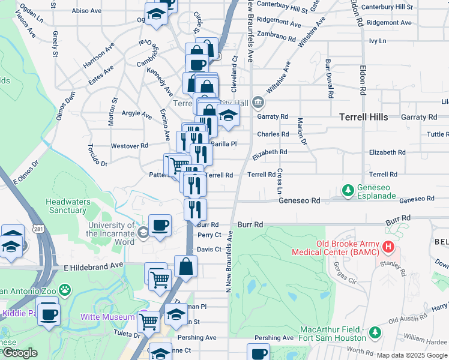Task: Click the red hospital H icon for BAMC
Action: click(x=388, y=247)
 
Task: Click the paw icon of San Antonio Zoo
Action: click(x=65, y=291)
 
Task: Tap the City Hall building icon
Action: click(x=258, y=102)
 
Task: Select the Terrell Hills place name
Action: click(x=363, y=117)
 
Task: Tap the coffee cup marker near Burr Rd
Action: click(x=160, y=226)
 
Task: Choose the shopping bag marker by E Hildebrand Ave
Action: click(x=186, y=266)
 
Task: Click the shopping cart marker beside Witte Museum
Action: click(x=148, y=321)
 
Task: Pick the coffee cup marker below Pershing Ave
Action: click(x=258, y=353)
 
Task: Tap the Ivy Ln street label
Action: click(x=377, y=41)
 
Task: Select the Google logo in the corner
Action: click(x=20, y=353)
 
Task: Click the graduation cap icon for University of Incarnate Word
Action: click(x=143, y=233)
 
